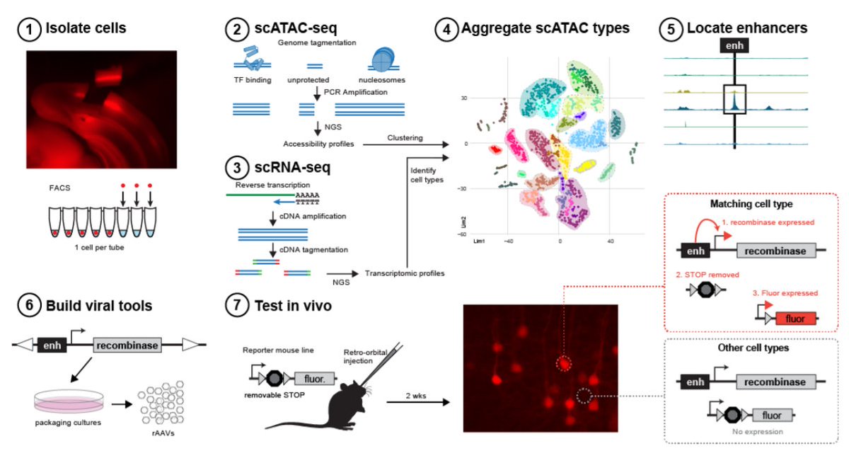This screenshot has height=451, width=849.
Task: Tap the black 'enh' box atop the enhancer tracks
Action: click(x=734, y=47)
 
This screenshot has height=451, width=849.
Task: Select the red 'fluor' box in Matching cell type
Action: click(x=795, y=319)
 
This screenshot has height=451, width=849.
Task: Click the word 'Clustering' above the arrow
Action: click(x=405, y=137)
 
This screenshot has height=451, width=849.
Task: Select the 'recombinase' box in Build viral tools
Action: click(x=127, y=345)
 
